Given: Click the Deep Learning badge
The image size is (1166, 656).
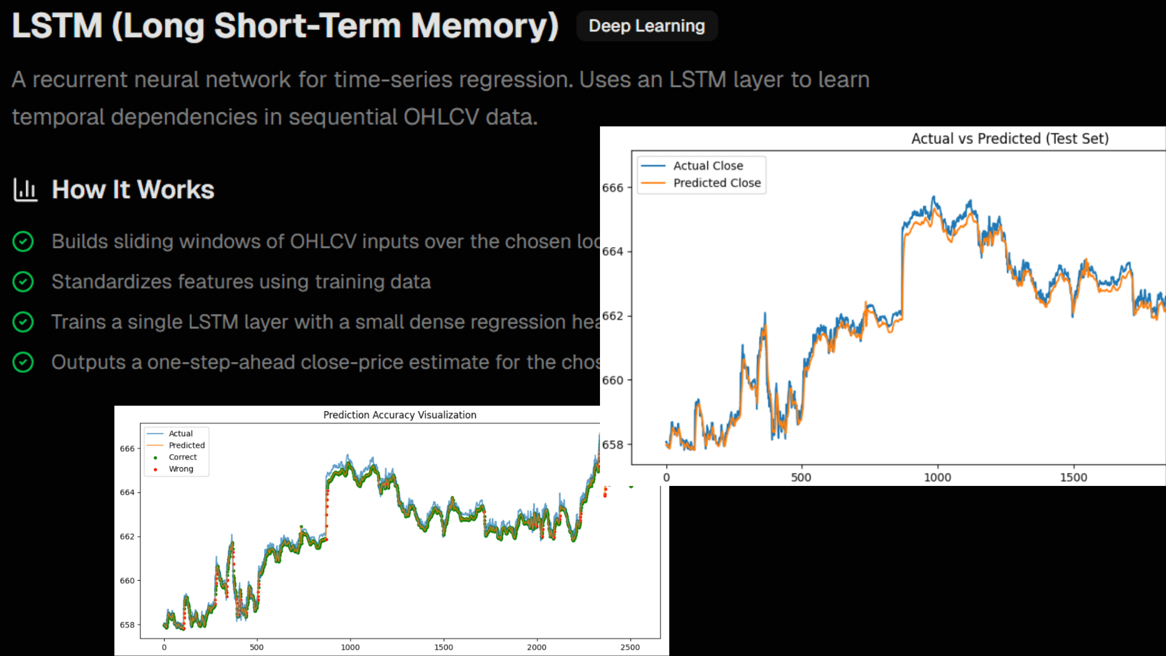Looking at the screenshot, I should [x=647, y=26].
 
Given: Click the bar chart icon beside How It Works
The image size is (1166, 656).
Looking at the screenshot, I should [x=26, y=190].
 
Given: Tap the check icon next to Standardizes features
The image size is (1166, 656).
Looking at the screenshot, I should [x=23, y=282].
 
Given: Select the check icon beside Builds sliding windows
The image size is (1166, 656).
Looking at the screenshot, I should [x=23, y=242].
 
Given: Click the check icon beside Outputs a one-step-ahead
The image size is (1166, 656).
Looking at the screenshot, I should [x=23, y=363].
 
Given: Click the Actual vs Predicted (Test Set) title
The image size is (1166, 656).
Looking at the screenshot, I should [x=1009, y=138].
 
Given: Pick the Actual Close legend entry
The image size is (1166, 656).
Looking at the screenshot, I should [x=707, y=166].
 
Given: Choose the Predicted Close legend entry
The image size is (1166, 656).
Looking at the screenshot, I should [x=717, y=183].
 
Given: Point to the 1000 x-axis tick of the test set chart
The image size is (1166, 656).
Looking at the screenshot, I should [x=937, y=477].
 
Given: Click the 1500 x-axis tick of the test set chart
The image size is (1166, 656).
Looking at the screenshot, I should [x=1073, y=477].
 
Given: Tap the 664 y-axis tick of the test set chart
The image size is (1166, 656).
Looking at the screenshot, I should [x=613, y=251].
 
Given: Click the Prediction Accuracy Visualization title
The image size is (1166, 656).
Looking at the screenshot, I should [x=400, y=415].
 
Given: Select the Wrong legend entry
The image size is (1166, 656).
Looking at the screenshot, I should [x=181, y=469].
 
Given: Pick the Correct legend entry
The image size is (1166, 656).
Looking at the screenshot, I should [x=183, y=457].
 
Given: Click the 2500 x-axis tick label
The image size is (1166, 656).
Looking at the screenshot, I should [x=630, y=647].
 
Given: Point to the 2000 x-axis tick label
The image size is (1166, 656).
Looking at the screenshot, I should [x=536, y=647].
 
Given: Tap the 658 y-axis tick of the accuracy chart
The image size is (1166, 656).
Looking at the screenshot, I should [x=127, y=625].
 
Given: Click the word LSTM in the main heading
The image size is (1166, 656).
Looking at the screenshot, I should [x=58, y=26].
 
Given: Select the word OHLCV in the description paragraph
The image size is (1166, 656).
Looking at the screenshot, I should [x=441, y=117].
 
